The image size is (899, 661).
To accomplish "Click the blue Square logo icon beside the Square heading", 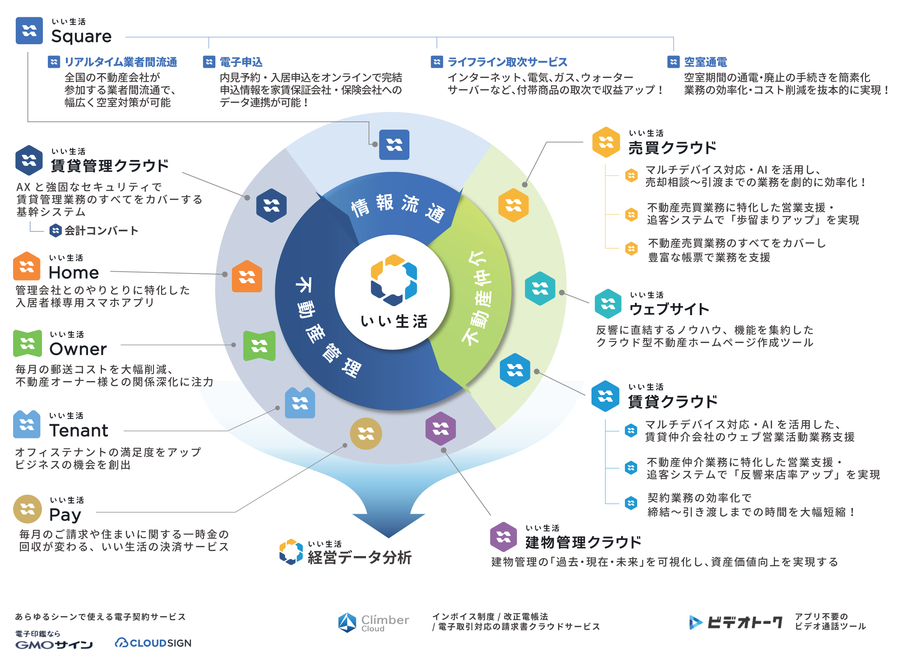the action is point(29,30).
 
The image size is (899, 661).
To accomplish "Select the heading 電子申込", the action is point(241,62).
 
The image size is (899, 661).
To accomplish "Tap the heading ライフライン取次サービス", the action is point(507,62).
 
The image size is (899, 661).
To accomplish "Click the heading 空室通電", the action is point(705,62).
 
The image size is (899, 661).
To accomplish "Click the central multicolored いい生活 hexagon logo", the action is point(394,280).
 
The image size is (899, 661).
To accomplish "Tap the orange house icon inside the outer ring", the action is point(247,276).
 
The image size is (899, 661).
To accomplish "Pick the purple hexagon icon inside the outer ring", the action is point(440,429).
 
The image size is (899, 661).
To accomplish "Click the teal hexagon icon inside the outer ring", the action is point(540,289).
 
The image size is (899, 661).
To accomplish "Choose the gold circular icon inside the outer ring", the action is point(366,433).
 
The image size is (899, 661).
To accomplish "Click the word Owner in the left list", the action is point(78,349).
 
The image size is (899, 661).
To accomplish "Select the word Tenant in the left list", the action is point(79,431).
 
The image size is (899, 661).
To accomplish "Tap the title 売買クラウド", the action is point(672,148).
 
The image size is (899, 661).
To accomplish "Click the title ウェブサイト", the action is point(669,309).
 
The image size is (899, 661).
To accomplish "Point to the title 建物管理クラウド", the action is point(583,542).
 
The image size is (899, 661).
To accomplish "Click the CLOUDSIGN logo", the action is point(153,643).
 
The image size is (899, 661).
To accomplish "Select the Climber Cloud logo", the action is point(373,622).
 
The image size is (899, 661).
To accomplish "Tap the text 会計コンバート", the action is point(102,230).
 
